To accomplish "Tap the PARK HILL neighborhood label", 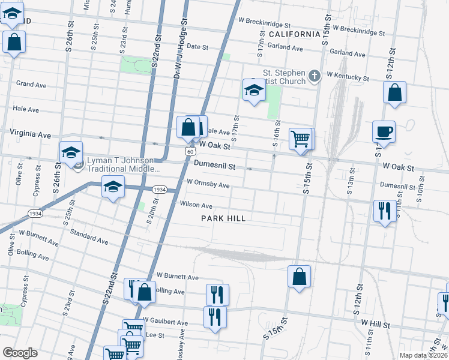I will [x=223, y=219].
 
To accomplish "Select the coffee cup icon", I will [x=383, y=131].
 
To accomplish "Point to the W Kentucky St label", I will [x=348, y=77].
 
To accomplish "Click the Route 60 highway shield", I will [x=190, y=152].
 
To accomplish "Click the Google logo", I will [x=20, y=353].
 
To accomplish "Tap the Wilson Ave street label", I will [x=196, y=205].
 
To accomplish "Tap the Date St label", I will [x=197, y=46].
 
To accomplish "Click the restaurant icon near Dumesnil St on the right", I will [x=384, y=211].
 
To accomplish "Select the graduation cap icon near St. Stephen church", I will [x=254, y=91].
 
